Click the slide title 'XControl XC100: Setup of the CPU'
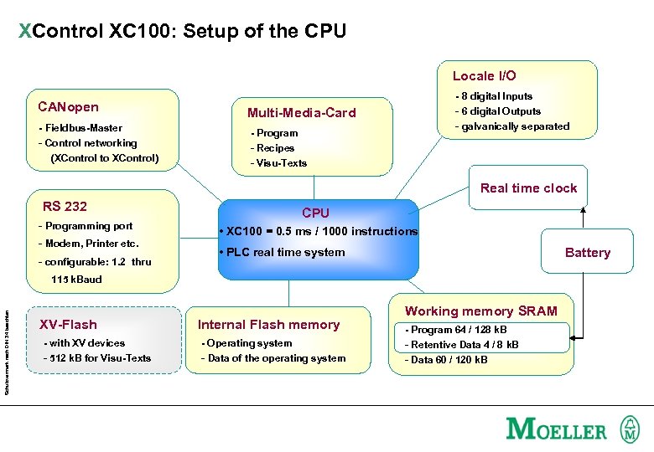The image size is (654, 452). tap(182, 32)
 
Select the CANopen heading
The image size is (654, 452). tap(68, 106)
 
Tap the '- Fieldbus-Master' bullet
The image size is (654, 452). tap(80, 128)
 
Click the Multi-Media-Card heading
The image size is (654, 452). tap(301, 113)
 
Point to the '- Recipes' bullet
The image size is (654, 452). tap(272, 148)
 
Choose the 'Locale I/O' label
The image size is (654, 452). tap(484, 75)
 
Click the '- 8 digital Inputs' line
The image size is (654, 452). tap(494, 96)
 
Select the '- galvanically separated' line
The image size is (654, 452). tap(512, 126)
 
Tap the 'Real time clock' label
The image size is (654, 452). tap(528, 188)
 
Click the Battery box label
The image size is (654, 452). tap(587, 253)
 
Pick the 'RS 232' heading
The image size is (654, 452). tap(65, 206)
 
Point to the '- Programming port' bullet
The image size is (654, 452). tap(86, 226)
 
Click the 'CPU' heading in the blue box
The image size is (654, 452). tap(315, 213)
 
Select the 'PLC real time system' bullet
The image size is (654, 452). tap(281, 252)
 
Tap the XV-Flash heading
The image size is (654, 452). tap(69, 325)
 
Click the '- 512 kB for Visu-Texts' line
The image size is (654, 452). tap(97, 358)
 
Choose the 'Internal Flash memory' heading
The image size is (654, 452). tap(268, 325)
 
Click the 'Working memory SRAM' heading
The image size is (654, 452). tap(480, 311)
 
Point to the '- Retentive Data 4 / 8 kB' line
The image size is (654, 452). tap(462, 345)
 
